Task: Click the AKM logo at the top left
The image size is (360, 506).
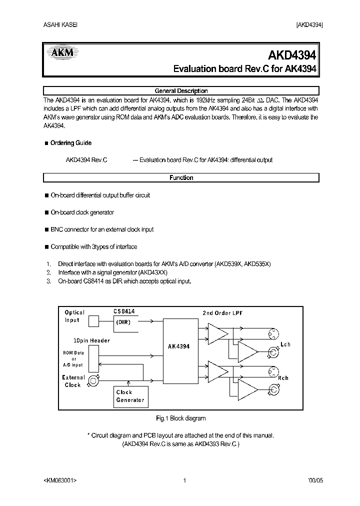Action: pyautogui.click(x=60, y=52)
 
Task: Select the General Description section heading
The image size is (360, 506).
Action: pyautogui.click(x=181, y=91)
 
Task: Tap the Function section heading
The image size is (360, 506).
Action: pyautogui.click(x=181, y=177)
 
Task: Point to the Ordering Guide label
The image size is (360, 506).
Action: pyautogui.click(x=70, y=143)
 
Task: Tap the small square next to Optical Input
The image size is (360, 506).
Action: pyautogui.click(x=94, y=320)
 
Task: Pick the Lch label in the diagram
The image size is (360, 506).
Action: pyautogui.click(x=285, y=344)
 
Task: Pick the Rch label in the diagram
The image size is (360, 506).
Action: pyautogui.click(x=283, y=378)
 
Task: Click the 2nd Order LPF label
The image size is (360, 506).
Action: pyautogui.click(x=222, y=313)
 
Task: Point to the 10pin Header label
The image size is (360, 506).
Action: pyautogui.click(x=91, y=340)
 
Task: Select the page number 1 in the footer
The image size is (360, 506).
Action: pyautogui.click(x=184, y=480)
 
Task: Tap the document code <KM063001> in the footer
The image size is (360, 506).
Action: pyautogui.click(x=60, y=480)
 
